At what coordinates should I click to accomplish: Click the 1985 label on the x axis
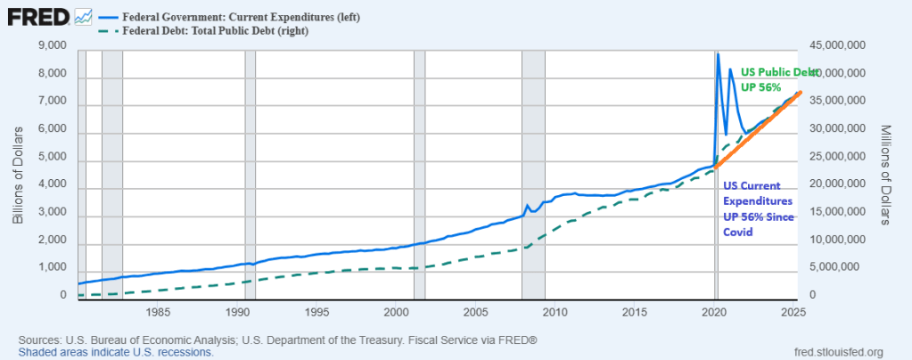tap(158, 312)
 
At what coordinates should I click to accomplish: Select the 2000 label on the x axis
tap(396, 312)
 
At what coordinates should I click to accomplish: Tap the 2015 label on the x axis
tap(634, 312)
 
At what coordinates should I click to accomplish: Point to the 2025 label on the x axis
tap(792, 312)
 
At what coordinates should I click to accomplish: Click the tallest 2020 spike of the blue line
tap(719, 55)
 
